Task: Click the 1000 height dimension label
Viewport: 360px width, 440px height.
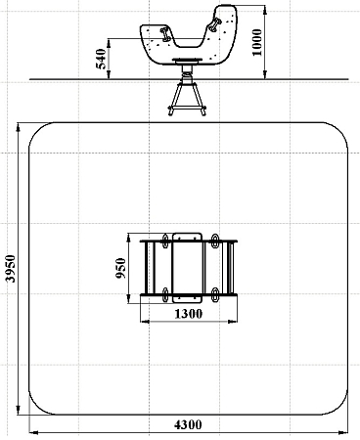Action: pyautogui.click(x=257, y=42)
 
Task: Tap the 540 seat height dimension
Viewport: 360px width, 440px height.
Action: pyautogui.click(x=101, y=59)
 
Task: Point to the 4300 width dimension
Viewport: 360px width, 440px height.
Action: pyautogui.click(x=188, y=424)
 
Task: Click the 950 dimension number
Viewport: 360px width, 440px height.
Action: pyautogui.click(x=121, y=268)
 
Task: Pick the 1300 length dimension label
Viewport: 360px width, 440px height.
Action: pyautogui.click(x=189, y=314)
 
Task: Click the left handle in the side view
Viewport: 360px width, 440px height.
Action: pyautogui.click(x=164, y=34)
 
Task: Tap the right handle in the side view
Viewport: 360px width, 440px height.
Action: pyautogui.click(x=215, y=25)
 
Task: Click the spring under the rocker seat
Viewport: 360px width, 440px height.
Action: pyautogui.click(x=186, y=74)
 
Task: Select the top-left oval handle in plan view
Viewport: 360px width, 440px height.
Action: pyautogui.click(x=165, y=241)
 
